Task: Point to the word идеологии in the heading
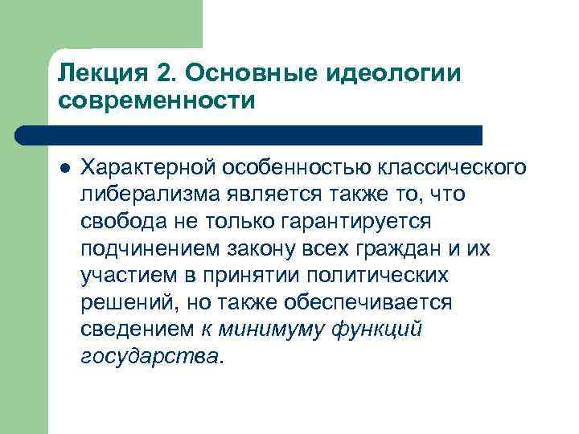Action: (x=396, y=74)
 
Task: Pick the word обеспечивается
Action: (x=369, y=304)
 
